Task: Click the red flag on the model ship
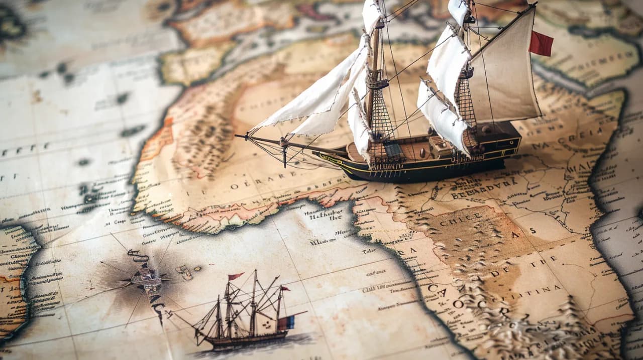click(541, 44)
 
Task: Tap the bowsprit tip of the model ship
click(238, 135)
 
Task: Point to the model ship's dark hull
click(427, 169)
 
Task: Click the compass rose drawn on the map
click(146, 279)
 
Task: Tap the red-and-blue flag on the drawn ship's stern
click(286, 322)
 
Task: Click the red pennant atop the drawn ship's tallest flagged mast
click(235, 276)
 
